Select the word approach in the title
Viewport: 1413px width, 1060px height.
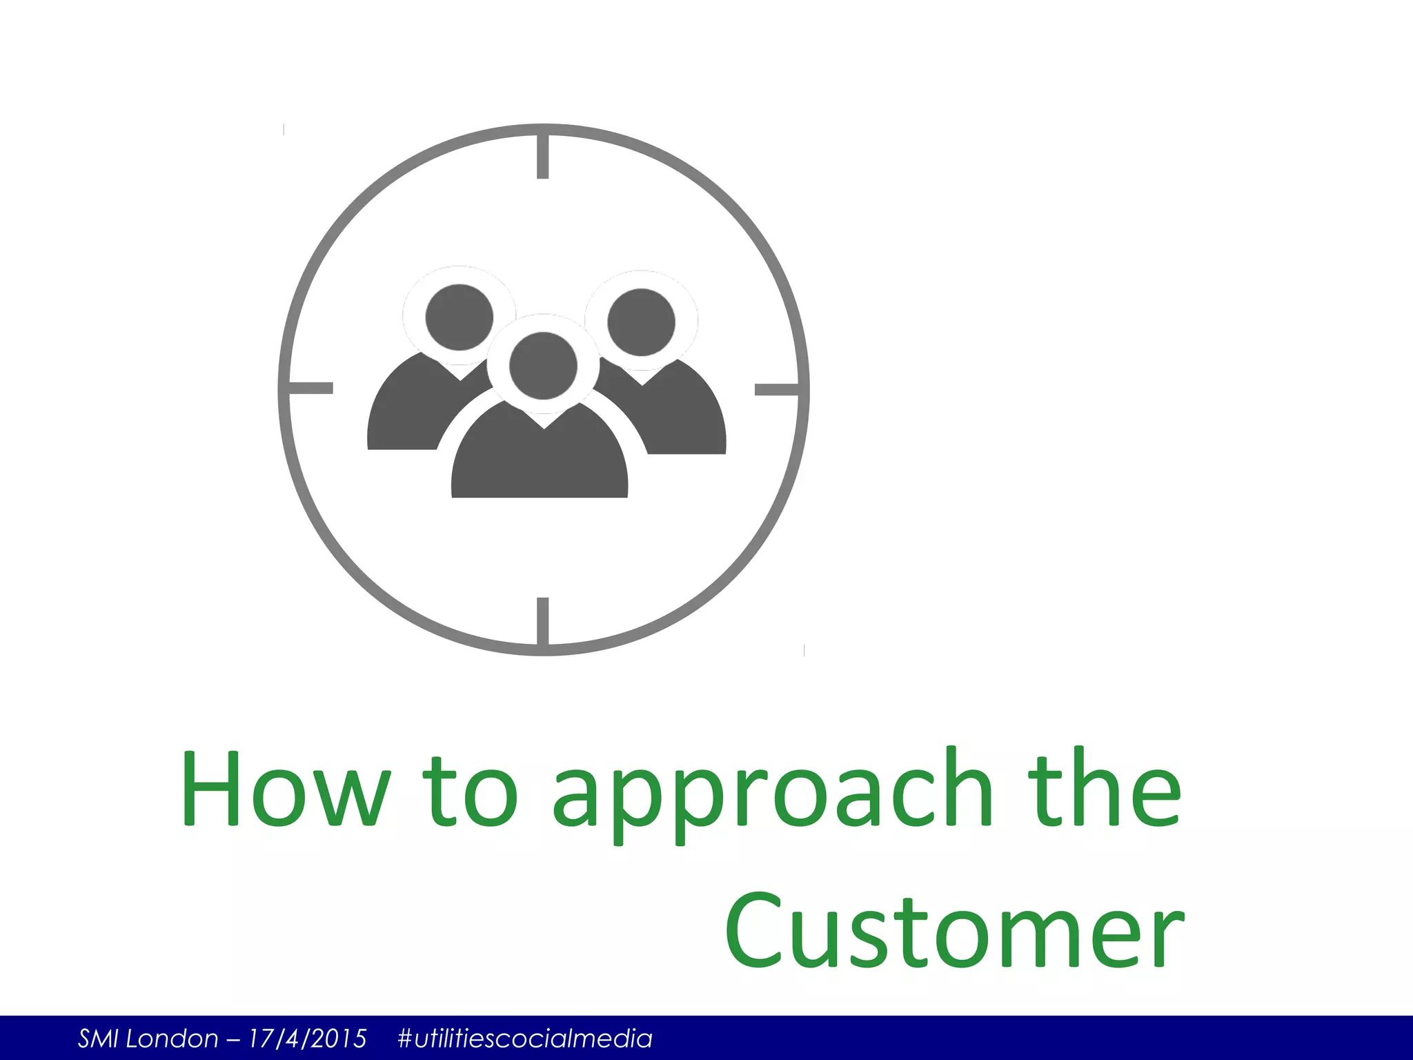click(772, 794)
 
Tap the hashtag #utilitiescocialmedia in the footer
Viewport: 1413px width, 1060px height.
click(525, 1039)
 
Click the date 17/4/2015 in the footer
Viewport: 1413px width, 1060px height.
click(308, 1039)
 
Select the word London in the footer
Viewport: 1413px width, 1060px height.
click(172, 1039)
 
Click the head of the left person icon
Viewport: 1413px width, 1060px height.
click(459, 317)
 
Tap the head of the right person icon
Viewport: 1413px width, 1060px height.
click(641, 322)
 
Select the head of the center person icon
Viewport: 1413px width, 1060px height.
click(543, 366)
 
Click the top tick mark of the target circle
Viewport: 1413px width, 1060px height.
click(543, 156)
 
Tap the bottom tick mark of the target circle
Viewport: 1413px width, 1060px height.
click(543, 620)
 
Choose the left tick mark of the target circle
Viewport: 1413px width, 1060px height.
click(310, 389)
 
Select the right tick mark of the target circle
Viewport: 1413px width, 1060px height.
click(777, 390)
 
